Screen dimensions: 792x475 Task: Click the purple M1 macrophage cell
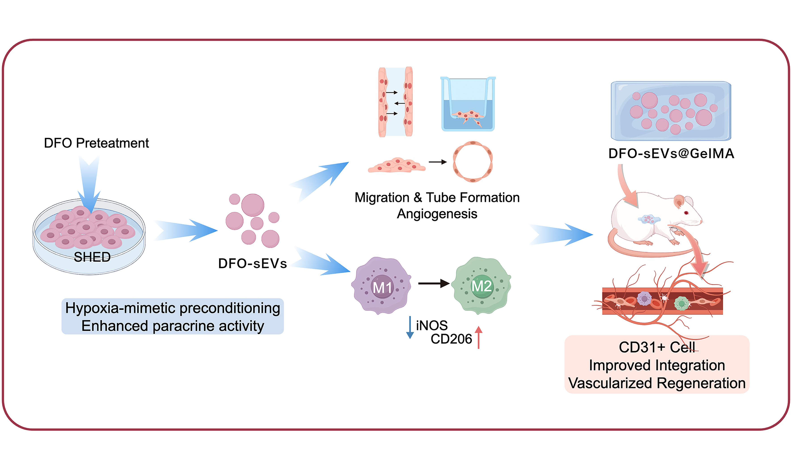point(381,286)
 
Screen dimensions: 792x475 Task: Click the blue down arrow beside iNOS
point(410,327)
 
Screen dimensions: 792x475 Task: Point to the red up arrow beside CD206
point(478,337)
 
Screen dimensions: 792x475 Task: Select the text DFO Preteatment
point(96,143)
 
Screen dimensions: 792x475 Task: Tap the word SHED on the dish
point(92,257)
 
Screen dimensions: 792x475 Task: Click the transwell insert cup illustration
point(468,104)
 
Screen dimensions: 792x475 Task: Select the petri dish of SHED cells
point(89,236)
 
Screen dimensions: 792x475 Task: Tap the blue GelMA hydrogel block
point(671,111)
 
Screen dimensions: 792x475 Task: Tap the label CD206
point(451,339)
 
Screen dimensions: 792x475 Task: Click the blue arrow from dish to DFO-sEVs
point(186,230)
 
